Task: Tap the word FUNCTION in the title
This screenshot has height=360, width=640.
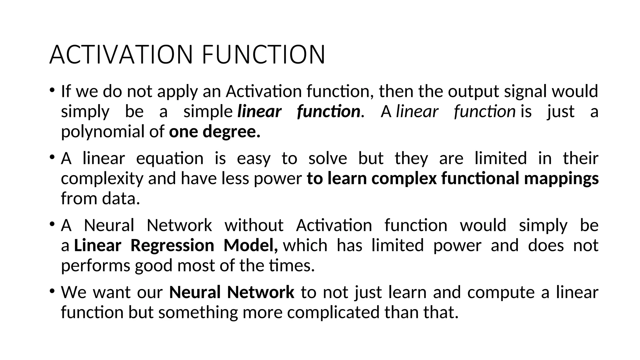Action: coord(263,55)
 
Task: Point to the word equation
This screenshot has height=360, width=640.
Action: coord(170,158)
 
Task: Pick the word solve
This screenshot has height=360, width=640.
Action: coord(327,158)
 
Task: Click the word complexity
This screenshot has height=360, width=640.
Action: coord(102,179)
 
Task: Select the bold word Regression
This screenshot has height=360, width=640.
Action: coord(172,246)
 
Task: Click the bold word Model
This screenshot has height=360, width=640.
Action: coord(251,246)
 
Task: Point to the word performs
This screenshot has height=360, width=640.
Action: coord(95,266)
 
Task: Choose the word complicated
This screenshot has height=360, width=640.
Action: coord(333,312)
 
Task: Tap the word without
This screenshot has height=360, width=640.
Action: coord(254,226)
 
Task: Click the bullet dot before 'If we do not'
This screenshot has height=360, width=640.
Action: coord(52,90)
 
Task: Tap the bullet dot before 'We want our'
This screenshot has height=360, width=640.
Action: coord(52,291)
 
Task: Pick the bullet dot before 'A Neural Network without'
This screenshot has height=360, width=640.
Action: coord(52,224)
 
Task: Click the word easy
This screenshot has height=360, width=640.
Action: coord(253,158)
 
